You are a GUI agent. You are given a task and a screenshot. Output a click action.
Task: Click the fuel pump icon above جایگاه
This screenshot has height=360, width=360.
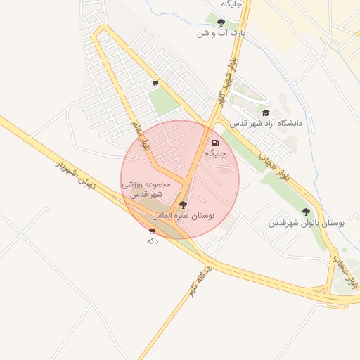[214, 142]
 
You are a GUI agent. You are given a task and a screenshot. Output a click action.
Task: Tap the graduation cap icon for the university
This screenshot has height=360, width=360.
[266, 112]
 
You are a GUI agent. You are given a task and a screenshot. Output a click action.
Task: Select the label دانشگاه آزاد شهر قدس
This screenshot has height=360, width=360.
[269, 123]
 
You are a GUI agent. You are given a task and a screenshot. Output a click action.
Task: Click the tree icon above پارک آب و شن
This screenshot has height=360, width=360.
[221, 22]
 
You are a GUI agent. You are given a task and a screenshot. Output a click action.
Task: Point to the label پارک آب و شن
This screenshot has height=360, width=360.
[221, 33]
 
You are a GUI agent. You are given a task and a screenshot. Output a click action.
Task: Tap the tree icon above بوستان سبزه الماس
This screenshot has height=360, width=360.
[184, 205]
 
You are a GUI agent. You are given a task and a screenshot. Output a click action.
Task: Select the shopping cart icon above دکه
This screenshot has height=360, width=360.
[152, 231]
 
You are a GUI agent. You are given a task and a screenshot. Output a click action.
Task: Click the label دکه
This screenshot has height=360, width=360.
[151, 240]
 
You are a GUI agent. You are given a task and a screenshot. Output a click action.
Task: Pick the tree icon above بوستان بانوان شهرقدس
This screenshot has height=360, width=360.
[306, 212]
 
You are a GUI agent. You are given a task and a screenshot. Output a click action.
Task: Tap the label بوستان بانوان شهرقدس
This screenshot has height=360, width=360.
[307, 223]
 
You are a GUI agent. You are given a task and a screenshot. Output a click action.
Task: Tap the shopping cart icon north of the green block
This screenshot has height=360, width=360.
[155, 83]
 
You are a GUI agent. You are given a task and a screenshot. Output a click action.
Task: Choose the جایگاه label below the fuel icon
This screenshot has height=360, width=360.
[214, 153]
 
